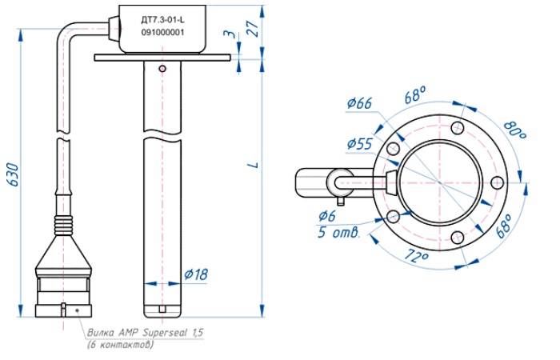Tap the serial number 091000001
[162, 33]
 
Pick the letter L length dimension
[253, 165]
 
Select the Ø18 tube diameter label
[195, 274]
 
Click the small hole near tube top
[162, 69]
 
